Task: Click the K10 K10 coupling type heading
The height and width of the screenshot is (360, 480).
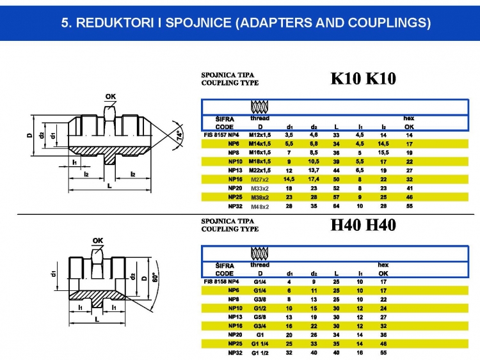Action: (363, 79)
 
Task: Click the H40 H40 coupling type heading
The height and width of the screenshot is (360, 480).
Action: (363, 225)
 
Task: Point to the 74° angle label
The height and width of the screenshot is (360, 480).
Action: (180, 136)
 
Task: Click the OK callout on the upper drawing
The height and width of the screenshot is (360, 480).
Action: (110, 97)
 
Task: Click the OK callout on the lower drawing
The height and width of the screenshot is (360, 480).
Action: (97, 241)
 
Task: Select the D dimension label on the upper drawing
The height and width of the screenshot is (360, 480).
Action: (29, 136)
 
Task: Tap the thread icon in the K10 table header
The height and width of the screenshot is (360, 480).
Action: (259, 106)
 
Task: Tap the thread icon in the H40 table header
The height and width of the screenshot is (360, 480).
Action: (259, 253)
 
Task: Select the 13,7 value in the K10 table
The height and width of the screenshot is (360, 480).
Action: (314, 171)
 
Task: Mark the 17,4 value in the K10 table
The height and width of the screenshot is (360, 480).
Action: (314, 180)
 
